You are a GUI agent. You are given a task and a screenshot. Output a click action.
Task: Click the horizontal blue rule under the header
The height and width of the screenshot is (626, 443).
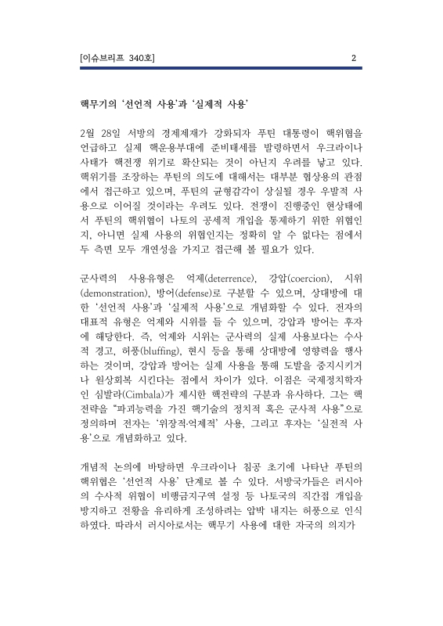pos(221,68)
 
